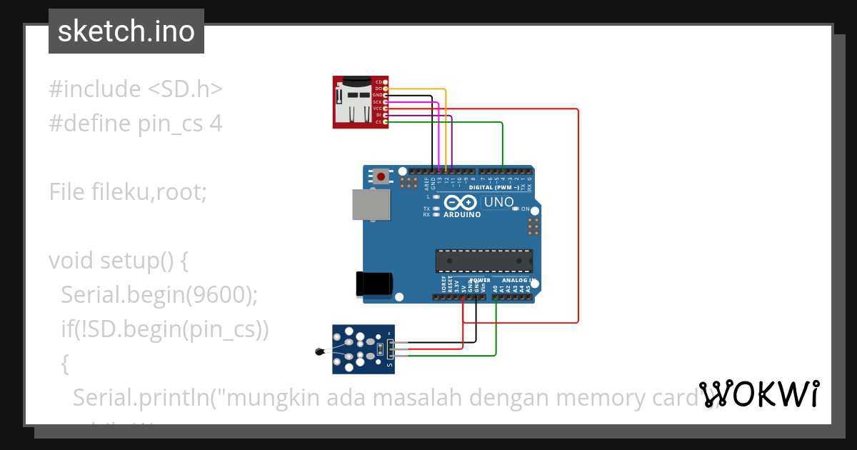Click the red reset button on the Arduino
coord(381,176)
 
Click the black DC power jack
coord(374,284)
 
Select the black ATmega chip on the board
coord(484,261)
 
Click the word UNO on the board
coord(498,202)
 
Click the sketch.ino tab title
coord(126,31)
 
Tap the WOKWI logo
coord(759,394)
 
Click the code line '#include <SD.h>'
coord(136,89)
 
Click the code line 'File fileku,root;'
coord(128,191)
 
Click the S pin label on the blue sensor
coord(389,366)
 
